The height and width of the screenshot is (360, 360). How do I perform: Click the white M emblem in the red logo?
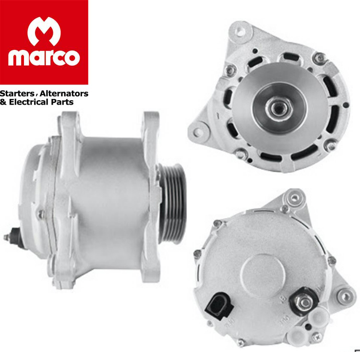click(x=44, y=31)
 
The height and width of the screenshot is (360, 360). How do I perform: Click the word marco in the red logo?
click(x=44, y=58)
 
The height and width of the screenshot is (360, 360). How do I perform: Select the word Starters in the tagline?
click(x=17, y=94)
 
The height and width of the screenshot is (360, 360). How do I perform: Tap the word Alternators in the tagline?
click(x=64, y=94)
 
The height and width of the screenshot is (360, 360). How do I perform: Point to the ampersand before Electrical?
click(x=3, y=102)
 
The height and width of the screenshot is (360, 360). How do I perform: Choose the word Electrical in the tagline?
click(x=29, y=102)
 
